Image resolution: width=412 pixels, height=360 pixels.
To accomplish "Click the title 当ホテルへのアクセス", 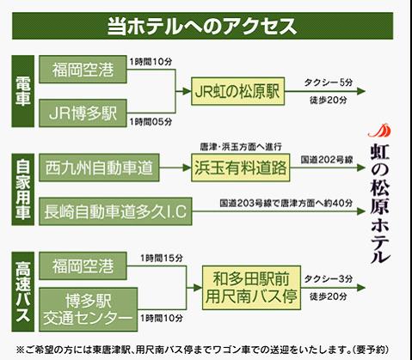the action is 202,27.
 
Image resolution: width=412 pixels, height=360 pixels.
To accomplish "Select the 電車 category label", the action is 23,91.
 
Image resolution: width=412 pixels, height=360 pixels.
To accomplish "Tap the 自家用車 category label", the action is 23,189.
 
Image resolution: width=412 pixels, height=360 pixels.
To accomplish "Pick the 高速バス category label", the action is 23,291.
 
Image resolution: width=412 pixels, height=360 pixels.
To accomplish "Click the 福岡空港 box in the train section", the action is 83,70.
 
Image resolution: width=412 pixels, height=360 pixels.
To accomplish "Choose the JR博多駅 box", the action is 83,113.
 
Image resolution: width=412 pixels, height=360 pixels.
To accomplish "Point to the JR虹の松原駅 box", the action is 237,91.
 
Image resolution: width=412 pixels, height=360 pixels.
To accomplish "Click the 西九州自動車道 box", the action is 99,168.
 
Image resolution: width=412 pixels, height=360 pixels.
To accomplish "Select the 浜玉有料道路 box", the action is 241,168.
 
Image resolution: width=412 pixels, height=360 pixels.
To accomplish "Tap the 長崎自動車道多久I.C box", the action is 115,211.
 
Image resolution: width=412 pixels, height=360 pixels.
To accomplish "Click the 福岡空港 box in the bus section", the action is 83,266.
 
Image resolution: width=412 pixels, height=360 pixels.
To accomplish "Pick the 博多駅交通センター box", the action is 89,309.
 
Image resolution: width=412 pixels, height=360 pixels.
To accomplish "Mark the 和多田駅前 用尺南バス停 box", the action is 251,288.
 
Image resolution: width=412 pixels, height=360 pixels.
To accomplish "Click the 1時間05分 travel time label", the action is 151,122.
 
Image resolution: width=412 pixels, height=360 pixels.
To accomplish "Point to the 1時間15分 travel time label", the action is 162,259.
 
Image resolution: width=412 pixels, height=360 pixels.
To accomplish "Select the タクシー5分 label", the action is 329,82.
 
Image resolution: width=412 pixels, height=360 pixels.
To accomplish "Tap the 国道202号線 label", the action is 327,160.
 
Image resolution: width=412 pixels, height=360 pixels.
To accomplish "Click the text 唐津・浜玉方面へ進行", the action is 241,147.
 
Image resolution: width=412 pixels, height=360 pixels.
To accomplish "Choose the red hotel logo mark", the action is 379,131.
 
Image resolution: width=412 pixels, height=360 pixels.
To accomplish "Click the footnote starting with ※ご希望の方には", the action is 203,350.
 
